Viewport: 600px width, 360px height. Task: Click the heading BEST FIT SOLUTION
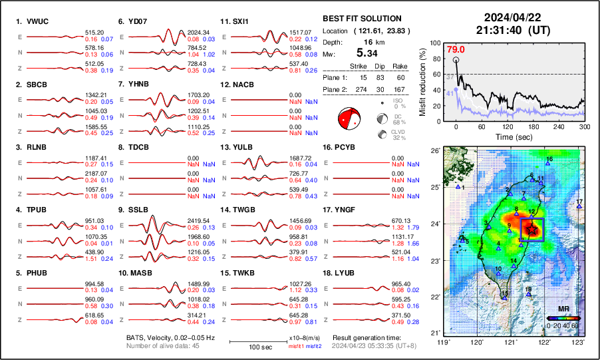coord(362,19)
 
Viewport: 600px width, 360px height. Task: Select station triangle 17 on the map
coord(579,206)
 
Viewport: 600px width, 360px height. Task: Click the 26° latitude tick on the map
coord(434,151)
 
